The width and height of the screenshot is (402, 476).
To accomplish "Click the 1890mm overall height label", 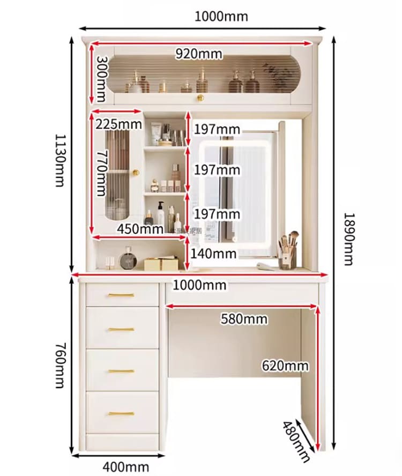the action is point(348,239).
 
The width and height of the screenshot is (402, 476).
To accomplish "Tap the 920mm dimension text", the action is point(199,54).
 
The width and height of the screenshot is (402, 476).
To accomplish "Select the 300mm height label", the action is point(101,79).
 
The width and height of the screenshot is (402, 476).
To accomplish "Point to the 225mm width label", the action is point(118,124).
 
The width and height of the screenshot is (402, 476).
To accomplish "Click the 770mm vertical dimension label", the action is point(101,173).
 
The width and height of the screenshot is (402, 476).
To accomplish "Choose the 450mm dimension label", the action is point(140,229).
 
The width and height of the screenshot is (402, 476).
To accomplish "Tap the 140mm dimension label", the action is point(213,254).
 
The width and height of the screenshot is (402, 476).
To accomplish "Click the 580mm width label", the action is point(244,319).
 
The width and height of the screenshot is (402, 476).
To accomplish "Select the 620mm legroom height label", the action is point(285,366).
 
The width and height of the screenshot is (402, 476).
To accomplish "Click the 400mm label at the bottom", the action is point(126,466).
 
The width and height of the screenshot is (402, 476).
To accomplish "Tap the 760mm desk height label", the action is point(60,366).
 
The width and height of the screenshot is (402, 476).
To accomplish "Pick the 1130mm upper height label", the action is point(60,160).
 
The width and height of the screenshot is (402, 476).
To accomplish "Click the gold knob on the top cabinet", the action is point(200,98).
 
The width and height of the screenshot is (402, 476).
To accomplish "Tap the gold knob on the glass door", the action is point(136,173).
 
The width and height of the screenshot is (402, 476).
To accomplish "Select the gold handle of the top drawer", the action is point(122,295).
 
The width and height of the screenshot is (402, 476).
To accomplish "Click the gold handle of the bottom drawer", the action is point(122,413).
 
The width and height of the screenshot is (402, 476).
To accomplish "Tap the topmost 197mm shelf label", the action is point(217,130).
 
